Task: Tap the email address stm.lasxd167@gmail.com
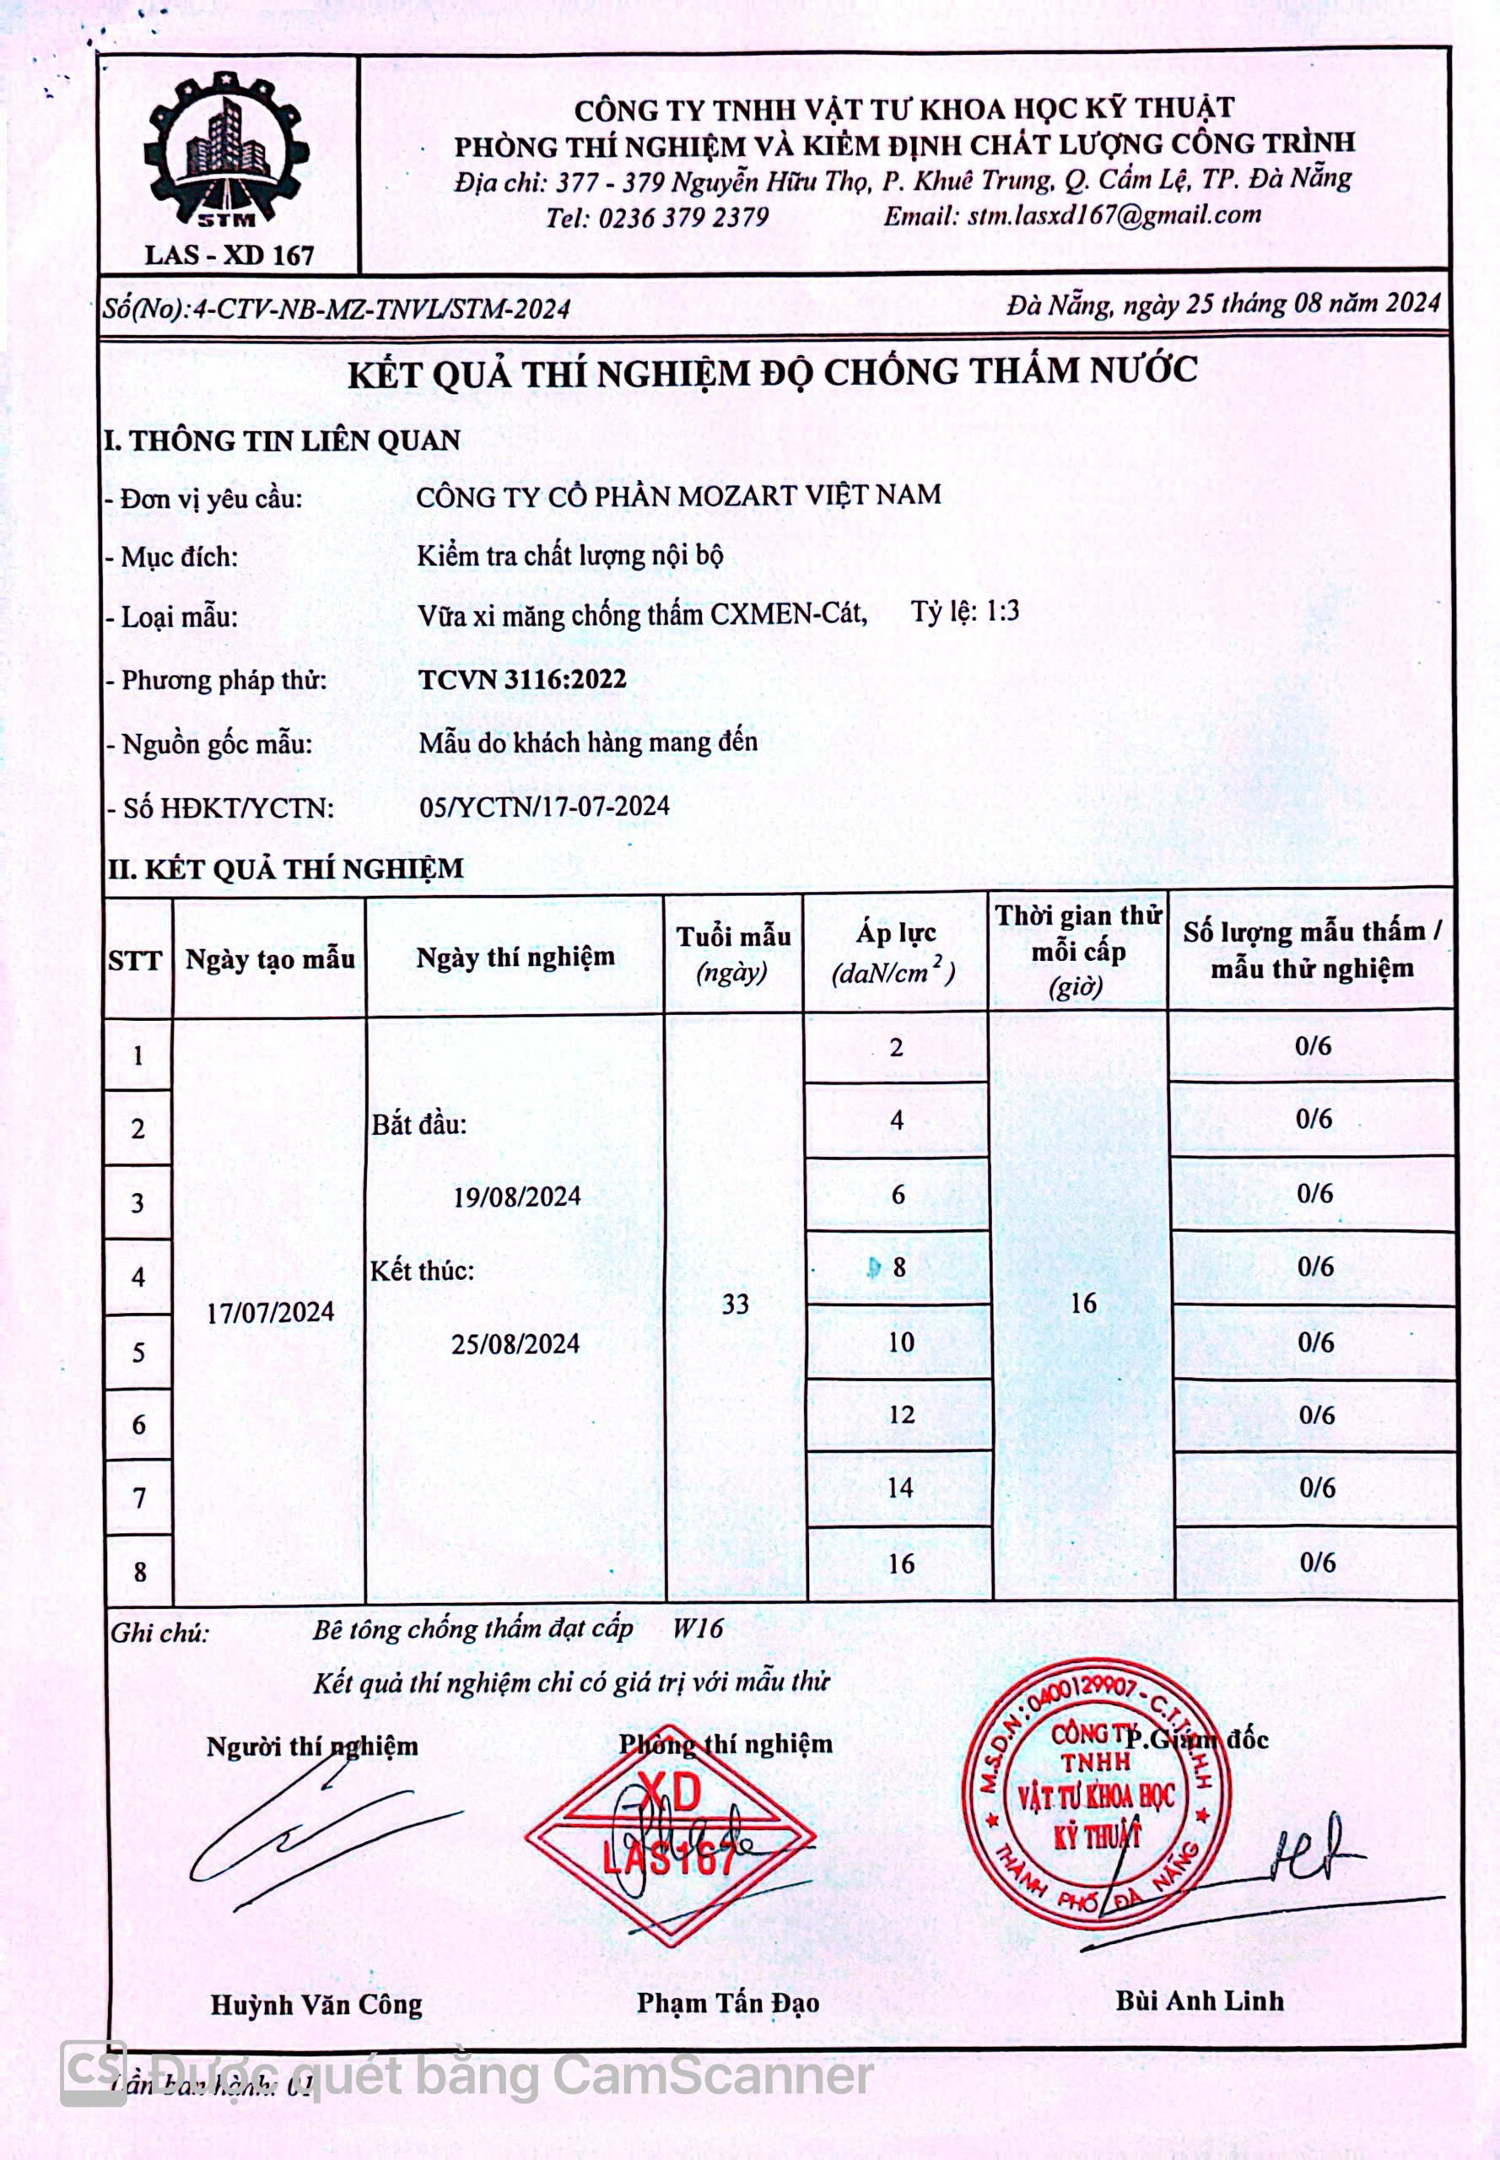click(x=1114, y=215)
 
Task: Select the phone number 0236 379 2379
click(x=683, y=218)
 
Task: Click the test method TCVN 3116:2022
click(x=522, y=679)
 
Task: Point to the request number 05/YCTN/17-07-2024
click(x=544, y=806)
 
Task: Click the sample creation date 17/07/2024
click(x=270, y=1312)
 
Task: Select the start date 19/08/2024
click(x=517, y=1196)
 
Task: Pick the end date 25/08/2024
click(x=515, y=1344)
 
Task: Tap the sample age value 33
click(x=735, y=1304)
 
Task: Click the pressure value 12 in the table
click(x=900, y=1415)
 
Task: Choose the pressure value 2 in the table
click(x=897, y=1047)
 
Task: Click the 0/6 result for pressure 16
click(x=1317, y=1562)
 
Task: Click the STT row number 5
click(x=138, y=1353)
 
